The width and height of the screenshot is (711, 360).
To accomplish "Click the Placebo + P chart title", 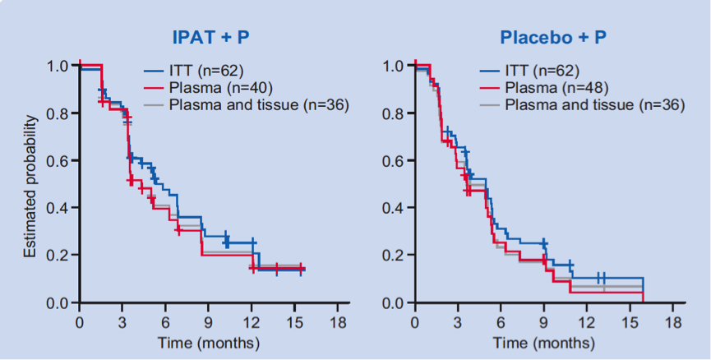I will pos(548,36).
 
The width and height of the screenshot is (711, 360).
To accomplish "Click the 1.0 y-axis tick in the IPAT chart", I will pos(58,66).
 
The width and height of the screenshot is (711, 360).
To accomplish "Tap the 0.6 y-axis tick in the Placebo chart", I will pos(394,161).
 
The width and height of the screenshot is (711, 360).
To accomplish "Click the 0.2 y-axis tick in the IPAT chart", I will pos(58,256).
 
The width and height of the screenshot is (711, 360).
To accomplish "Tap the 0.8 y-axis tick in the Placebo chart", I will pos(394,113).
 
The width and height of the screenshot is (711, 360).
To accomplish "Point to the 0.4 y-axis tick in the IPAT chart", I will pos(58,208).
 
